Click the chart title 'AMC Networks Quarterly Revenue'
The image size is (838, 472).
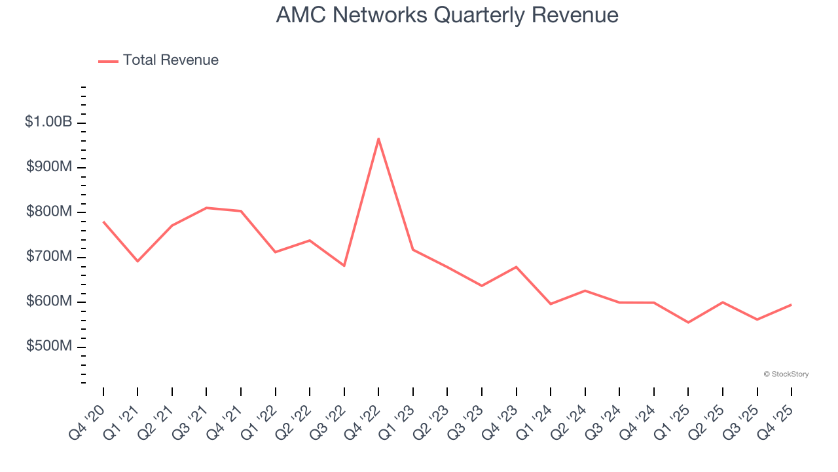coord(447,15)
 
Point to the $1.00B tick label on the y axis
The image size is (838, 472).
coord(48,122)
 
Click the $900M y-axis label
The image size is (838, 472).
coord(48,167)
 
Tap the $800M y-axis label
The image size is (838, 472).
coord(48,212)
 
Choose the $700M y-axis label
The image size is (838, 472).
coord(48,256)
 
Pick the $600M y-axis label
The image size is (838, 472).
coord(48,302)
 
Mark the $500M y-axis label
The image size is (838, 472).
coord(48,346)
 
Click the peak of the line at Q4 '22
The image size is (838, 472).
coord(378,138)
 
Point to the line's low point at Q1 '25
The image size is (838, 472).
coord(688,323)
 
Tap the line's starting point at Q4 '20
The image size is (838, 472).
coord(103,222)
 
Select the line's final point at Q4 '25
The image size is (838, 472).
coord(791,305)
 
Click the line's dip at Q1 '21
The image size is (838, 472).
coord(137,262)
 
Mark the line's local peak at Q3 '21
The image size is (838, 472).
coord(206,208)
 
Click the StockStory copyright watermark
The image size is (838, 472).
coord(786,374)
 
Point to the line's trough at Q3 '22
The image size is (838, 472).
coord(344,265)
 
